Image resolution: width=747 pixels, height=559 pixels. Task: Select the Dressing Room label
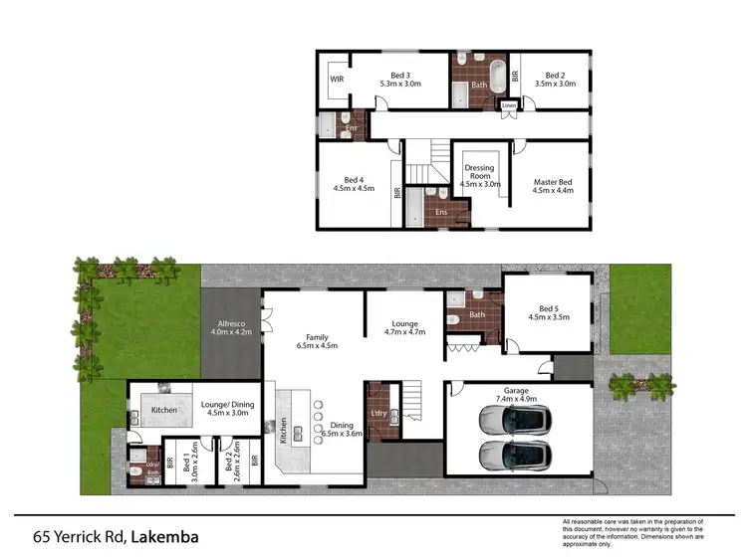(480, 169)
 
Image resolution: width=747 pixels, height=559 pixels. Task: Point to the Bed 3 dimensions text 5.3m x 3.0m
(400, 85)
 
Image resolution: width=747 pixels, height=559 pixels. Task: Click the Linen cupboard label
(509, 104)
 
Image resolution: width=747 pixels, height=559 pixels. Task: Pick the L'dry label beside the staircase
(377, 412)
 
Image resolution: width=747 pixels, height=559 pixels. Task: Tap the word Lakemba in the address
(163, 537)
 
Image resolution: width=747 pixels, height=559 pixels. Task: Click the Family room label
(318, 337)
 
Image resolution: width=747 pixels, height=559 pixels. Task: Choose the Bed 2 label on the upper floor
(556, 76)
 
